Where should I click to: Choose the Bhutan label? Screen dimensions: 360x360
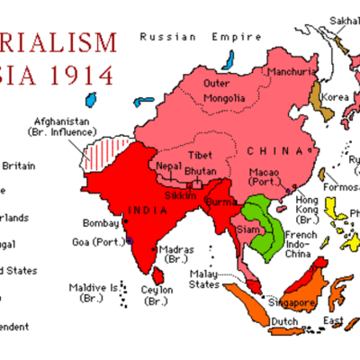click(x=200, y=170)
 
